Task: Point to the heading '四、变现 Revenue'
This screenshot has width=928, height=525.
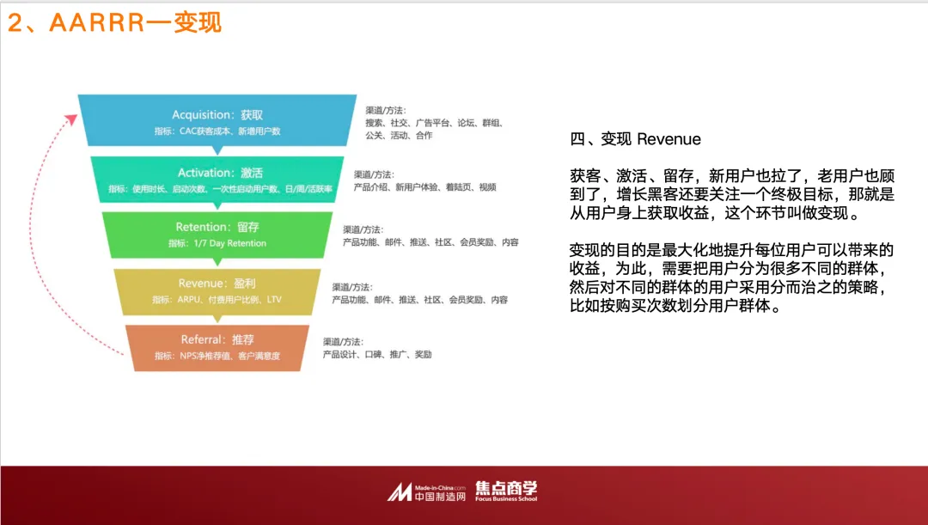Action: (635, 139)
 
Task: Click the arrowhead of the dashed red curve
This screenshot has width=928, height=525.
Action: (71, 118)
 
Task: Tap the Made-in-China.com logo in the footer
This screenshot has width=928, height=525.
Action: (426, 491)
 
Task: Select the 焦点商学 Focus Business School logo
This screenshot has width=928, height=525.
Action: (506, 491)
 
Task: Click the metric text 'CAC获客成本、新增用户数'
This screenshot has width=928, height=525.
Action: (217, 131)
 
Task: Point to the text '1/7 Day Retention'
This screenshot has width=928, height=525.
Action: (229, 244)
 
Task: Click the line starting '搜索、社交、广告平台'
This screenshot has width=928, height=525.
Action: (434, 123)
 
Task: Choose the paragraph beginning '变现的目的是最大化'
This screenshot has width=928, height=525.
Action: (732, 278)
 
